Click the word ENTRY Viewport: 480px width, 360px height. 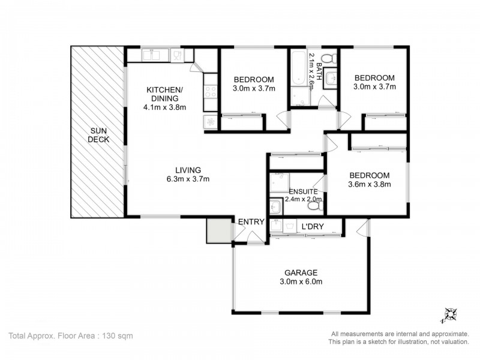(x=251, y=222)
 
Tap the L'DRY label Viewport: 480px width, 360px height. (x=313, y=226)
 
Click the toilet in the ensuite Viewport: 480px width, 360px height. (x=313, y=206)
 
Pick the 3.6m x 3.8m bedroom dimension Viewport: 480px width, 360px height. (x=370, y=184)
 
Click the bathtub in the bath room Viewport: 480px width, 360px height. (x=298, y=76)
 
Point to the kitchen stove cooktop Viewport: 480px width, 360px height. (x=211, y=92)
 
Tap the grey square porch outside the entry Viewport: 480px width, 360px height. (x=218, y=230)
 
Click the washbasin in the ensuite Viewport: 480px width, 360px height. (x=275, y=206)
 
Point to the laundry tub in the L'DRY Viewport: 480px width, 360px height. (x=276, y=227)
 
